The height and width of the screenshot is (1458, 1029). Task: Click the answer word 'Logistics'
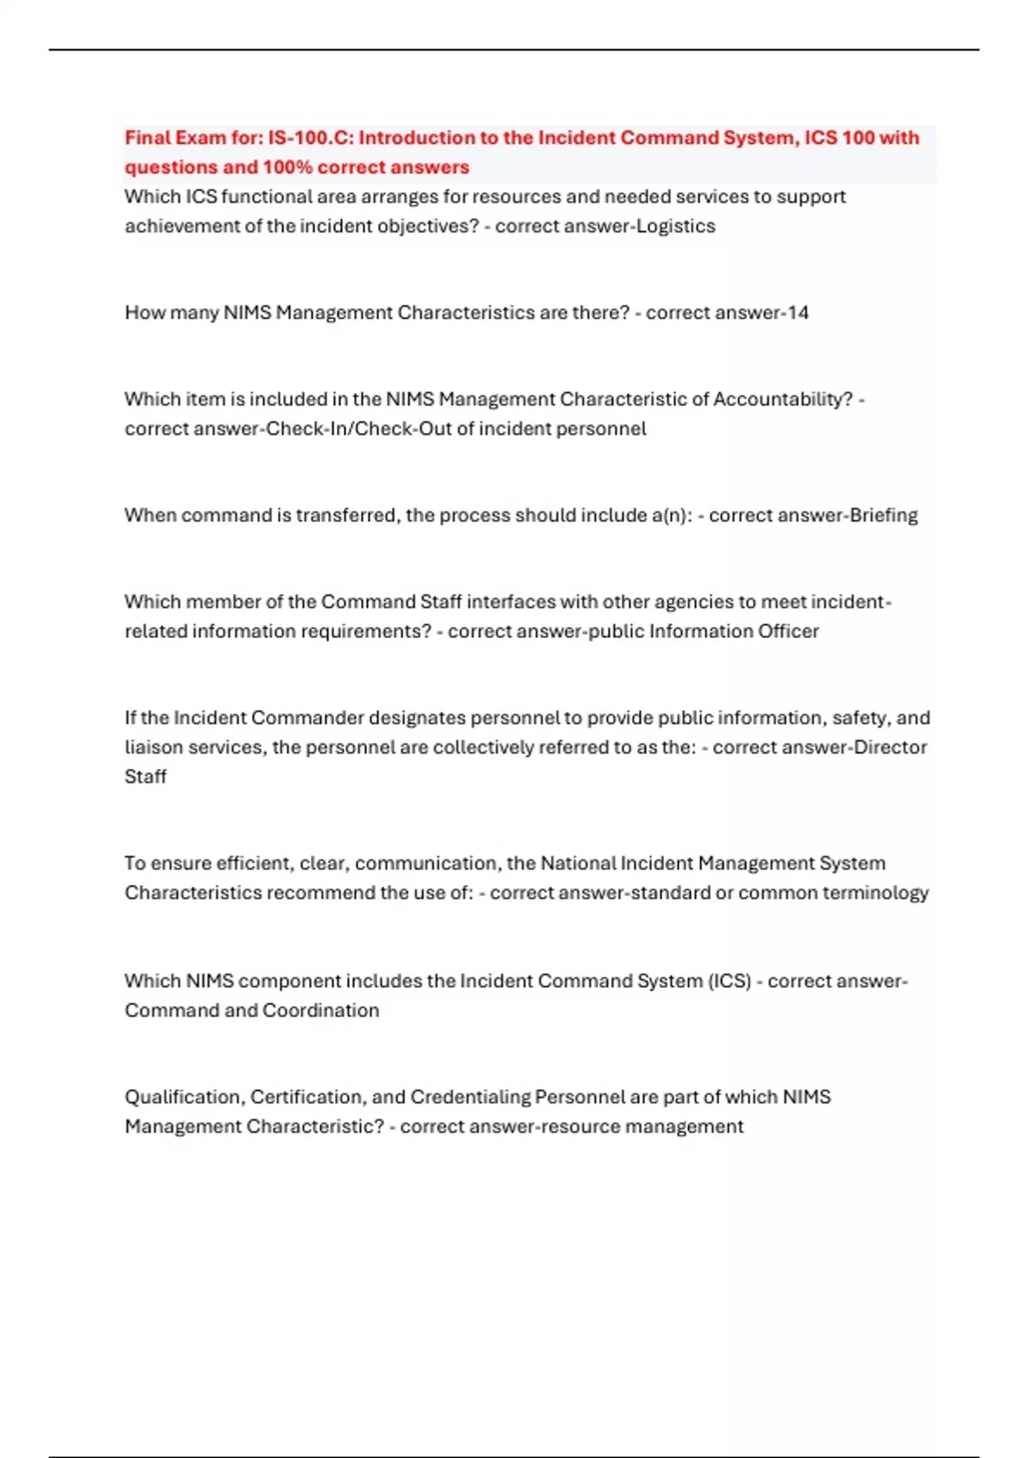[x=675, y=226]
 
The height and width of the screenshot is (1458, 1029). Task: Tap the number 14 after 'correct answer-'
[x=797, y=313]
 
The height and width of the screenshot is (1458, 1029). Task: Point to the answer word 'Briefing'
[x=882, y=515]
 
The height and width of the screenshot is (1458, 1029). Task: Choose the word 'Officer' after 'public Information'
[x=787, y=631]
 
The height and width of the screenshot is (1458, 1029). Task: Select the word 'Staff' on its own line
[x=146, y=777]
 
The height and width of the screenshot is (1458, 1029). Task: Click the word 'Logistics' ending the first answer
[x=675, y=226]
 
